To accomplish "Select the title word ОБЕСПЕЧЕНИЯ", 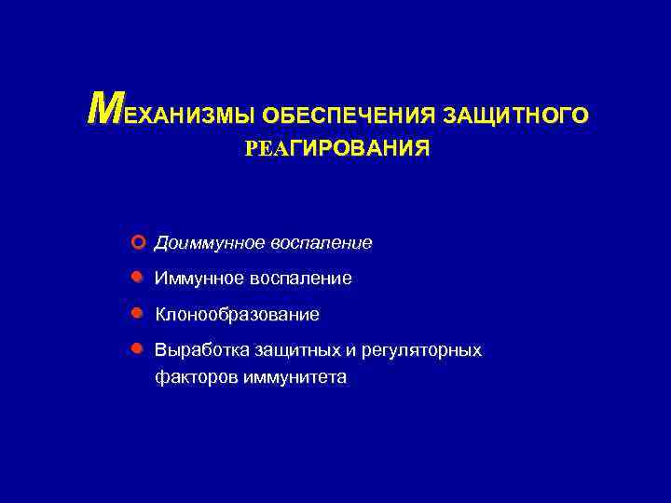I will [x=349, y=116].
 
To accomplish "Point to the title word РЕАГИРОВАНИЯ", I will [x=337, y=149].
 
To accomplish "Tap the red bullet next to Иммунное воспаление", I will [x=137, y=278].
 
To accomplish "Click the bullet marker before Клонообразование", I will [x=137, y=314].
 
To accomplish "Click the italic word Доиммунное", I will [x=210, y=243].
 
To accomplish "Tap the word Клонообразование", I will [x=237, y=315].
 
